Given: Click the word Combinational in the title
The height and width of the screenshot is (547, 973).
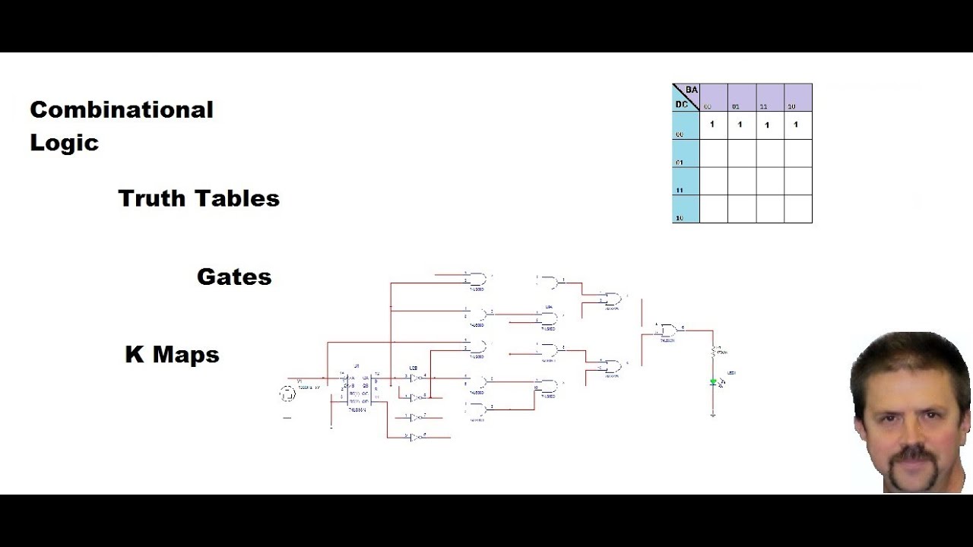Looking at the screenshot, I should tap(122, 109).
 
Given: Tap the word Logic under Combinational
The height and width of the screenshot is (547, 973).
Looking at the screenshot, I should tap(64, 143).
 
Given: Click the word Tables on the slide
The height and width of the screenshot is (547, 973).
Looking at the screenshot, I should tap(239, 198).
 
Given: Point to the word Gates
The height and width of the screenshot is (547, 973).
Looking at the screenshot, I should tap(234, 277).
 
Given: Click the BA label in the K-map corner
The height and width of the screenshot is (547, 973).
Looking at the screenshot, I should tap(691, 90).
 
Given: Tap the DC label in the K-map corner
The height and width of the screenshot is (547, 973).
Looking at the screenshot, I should tap(681, 104).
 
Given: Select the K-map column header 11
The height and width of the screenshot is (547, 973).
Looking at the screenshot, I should tap(763, 107).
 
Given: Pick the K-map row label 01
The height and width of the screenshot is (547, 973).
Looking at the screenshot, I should tap(680, 163).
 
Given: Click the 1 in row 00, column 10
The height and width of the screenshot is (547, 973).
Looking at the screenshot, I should tap(796, 125).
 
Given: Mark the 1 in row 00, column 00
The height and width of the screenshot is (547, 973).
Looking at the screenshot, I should tap(712, 124).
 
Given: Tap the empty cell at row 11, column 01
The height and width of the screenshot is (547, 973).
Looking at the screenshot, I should tap(741, 182).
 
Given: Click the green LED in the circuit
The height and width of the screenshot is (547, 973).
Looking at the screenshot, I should tap(713, 383).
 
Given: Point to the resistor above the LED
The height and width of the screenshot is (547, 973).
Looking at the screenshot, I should tap(713, 352).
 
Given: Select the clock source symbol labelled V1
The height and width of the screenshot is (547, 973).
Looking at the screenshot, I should tap(287, 394).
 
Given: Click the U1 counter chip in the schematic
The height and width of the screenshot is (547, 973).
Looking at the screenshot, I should tap(357, 393).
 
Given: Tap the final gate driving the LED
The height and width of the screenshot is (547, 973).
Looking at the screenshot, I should tap(670, 330).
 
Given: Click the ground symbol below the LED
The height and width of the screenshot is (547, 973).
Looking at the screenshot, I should tap(713, 414).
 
